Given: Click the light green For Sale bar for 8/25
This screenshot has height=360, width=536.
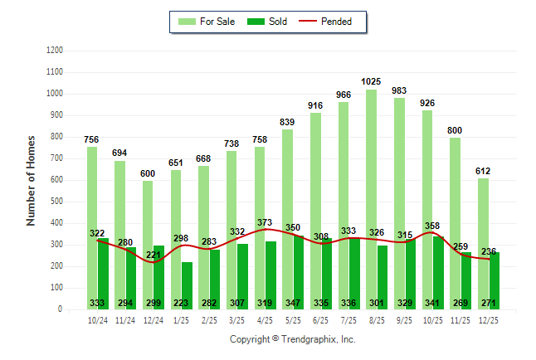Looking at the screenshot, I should coord(371,199).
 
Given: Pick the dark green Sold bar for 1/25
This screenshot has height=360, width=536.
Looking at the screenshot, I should coord(188,285).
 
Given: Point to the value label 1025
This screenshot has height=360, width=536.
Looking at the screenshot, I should coord(371,81).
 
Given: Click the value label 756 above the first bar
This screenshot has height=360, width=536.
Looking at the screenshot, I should coord(91,139).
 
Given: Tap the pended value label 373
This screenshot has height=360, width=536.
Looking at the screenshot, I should coord(265,222).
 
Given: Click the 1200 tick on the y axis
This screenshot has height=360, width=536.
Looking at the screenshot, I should coord(55,51).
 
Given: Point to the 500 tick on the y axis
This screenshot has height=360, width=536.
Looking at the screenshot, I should coord(57,202).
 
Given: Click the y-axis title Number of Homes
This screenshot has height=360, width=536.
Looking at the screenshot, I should coord(31,180).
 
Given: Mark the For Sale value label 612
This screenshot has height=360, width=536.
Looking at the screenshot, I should coord(483,172).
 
